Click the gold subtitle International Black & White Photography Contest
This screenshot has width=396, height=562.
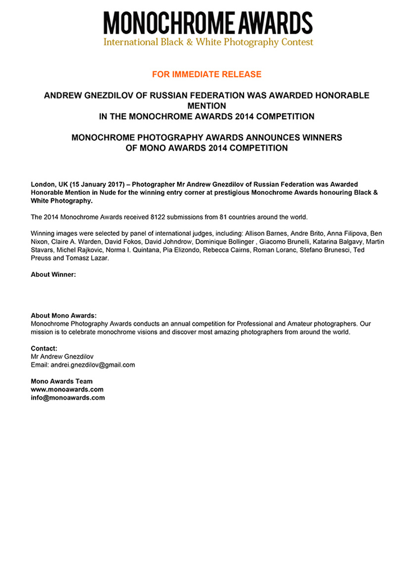(x=208, y=42)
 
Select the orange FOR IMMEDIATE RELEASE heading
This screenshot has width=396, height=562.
(x=206, y=74)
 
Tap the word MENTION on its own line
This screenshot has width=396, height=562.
(x=206, y=106)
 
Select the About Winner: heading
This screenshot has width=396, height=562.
(x=53, y=274)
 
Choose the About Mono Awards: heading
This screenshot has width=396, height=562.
(x=64, y=315)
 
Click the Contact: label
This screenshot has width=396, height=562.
(x=44, y=348)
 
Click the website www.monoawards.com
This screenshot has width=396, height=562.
(x=67, y=389)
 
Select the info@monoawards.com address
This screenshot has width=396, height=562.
(x=68, y=397)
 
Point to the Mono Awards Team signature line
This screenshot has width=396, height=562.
(x=61, y=381)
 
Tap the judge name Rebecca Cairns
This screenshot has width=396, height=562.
(x=232, y=250)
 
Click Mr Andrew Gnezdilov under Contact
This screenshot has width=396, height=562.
(x=62, y=357)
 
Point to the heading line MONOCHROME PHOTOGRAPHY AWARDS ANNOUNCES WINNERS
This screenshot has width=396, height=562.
(x=206, y=138)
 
